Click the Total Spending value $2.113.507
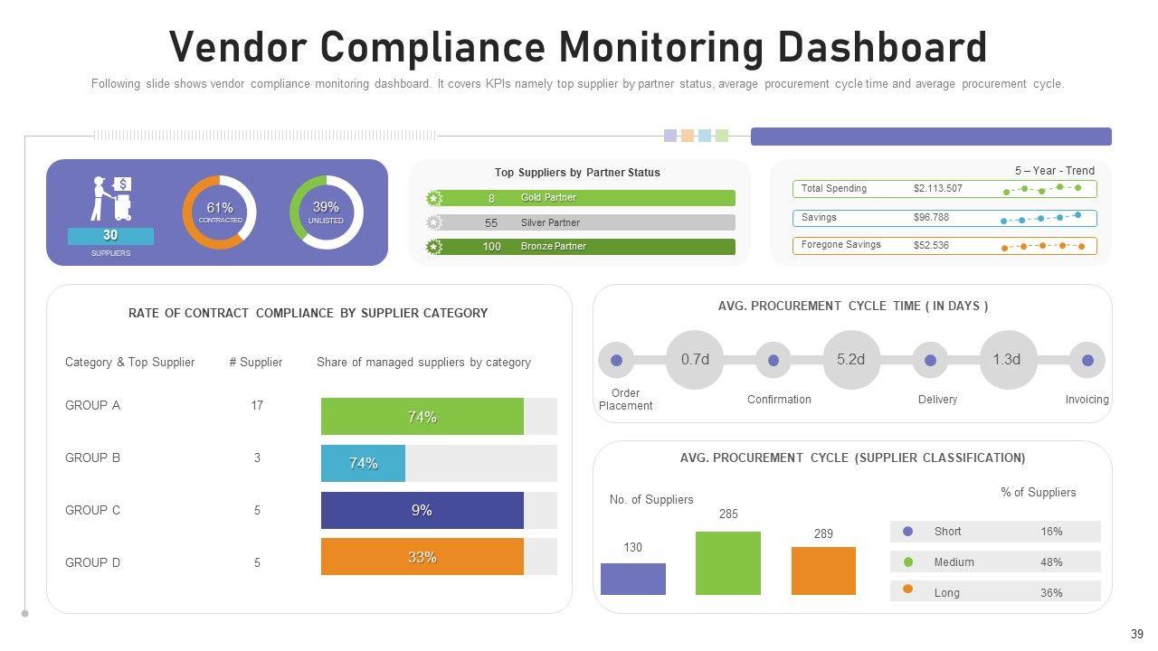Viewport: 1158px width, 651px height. coord(938,189)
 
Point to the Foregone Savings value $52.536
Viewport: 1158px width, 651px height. coord(931,245)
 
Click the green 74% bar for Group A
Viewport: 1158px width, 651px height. coord(422,417)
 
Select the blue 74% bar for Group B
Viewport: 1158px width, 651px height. coord(363,463)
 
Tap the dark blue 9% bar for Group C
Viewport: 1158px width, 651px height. coord(422,510)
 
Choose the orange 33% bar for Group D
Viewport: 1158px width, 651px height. coord(422,557)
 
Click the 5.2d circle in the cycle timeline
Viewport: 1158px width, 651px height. coord(851,360)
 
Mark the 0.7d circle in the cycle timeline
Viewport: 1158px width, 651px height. coord(695,360)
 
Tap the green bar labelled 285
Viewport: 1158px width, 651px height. coord(728,562)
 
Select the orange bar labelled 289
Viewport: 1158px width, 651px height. coord(823,571)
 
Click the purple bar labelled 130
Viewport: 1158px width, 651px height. coord(633,579)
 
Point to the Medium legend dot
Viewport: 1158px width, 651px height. coord(908,562)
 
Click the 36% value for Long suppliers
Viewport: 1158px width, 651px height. coord(1051,593)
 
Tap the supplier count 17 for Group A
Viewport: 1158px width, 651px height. coord(257,406)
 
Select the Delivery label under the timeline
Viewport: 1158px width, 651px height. coord(937,400)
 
